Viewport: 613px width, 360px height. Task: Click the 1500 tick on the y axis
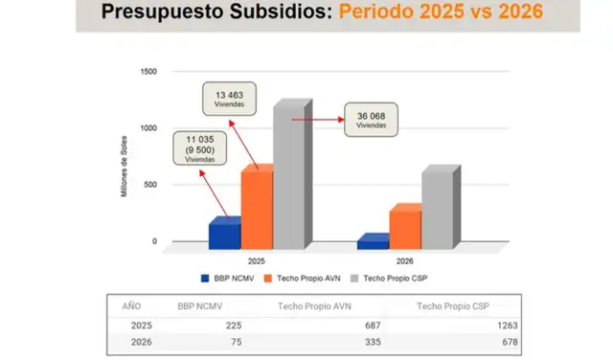coord(148,72)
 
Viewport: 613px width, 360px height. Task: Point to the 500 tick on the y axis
coord(149,185)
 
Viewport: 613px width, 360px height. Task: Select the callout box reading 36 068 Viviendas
coord(371,122)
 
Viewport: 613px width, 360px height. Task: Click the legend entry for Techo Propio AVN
coord(300,278)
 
